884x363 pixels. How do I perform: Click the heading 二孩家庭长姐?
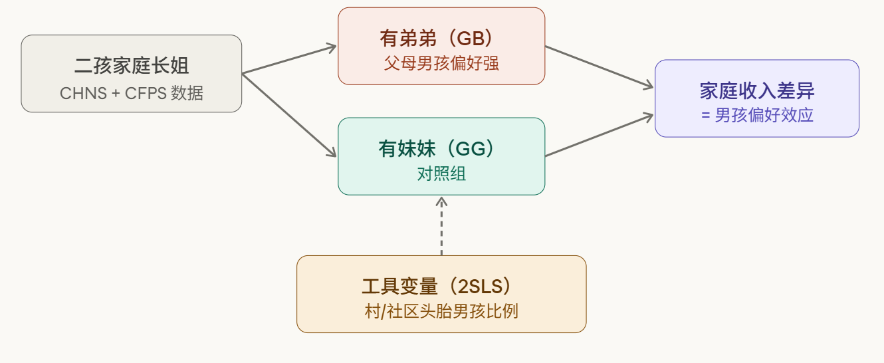[132, 65]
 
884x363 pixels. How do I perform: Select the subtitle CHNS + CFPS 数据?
[132, 93]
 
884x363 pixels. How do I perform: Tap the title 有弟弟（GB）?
[441, 38]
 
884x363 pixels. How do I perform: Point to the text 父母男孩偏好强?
[441, 64]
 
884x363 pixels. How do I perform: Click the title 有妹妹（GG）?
[441, 148]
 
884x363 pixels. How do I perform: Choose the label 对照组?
[441, 174]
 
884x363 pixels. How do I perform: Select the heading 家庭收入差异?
[757, 90]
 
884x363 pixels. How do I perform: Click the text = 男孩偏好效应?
[757, 115]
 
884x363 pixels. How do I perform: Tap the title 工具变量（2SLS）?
[441, 286]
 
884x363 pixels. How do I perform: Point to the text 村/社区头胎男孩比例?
[441, 311]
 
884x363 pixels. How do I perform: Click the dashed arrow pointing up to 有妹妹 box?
[441, 226]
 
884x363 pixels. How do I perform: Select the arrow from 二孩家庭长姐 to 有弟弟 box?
[289, 59]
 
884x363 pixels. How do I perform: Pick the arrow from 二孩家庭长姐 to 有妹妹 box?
[289, 114]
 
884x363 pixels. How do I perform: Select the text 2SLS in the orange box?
[481, 286]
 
